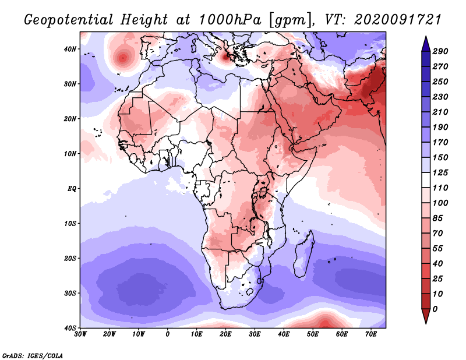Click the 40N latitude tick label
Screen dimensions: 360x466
pyautogui.click(x=70, y=49)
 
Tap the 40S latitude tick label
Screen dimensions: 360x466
pyautogui.click(x=70, y=328)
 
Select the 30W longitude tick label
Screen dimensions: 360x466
pyautogui.click(x=80, y=334)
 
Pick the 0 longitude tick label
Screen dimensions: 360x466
pyautogui.click(x=168, y=334)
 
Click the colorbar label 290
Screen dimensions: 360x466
pyautogui.click(x=440, y=51)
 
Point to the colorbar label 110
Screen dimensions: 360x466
pyautogui.click(x=440, y=189)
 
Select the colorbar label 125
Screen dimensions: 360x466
pyautogui.click(x=440, y=173)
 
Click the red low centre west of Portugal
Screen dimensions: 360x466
pyautogui.click(x=123, y=58)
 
